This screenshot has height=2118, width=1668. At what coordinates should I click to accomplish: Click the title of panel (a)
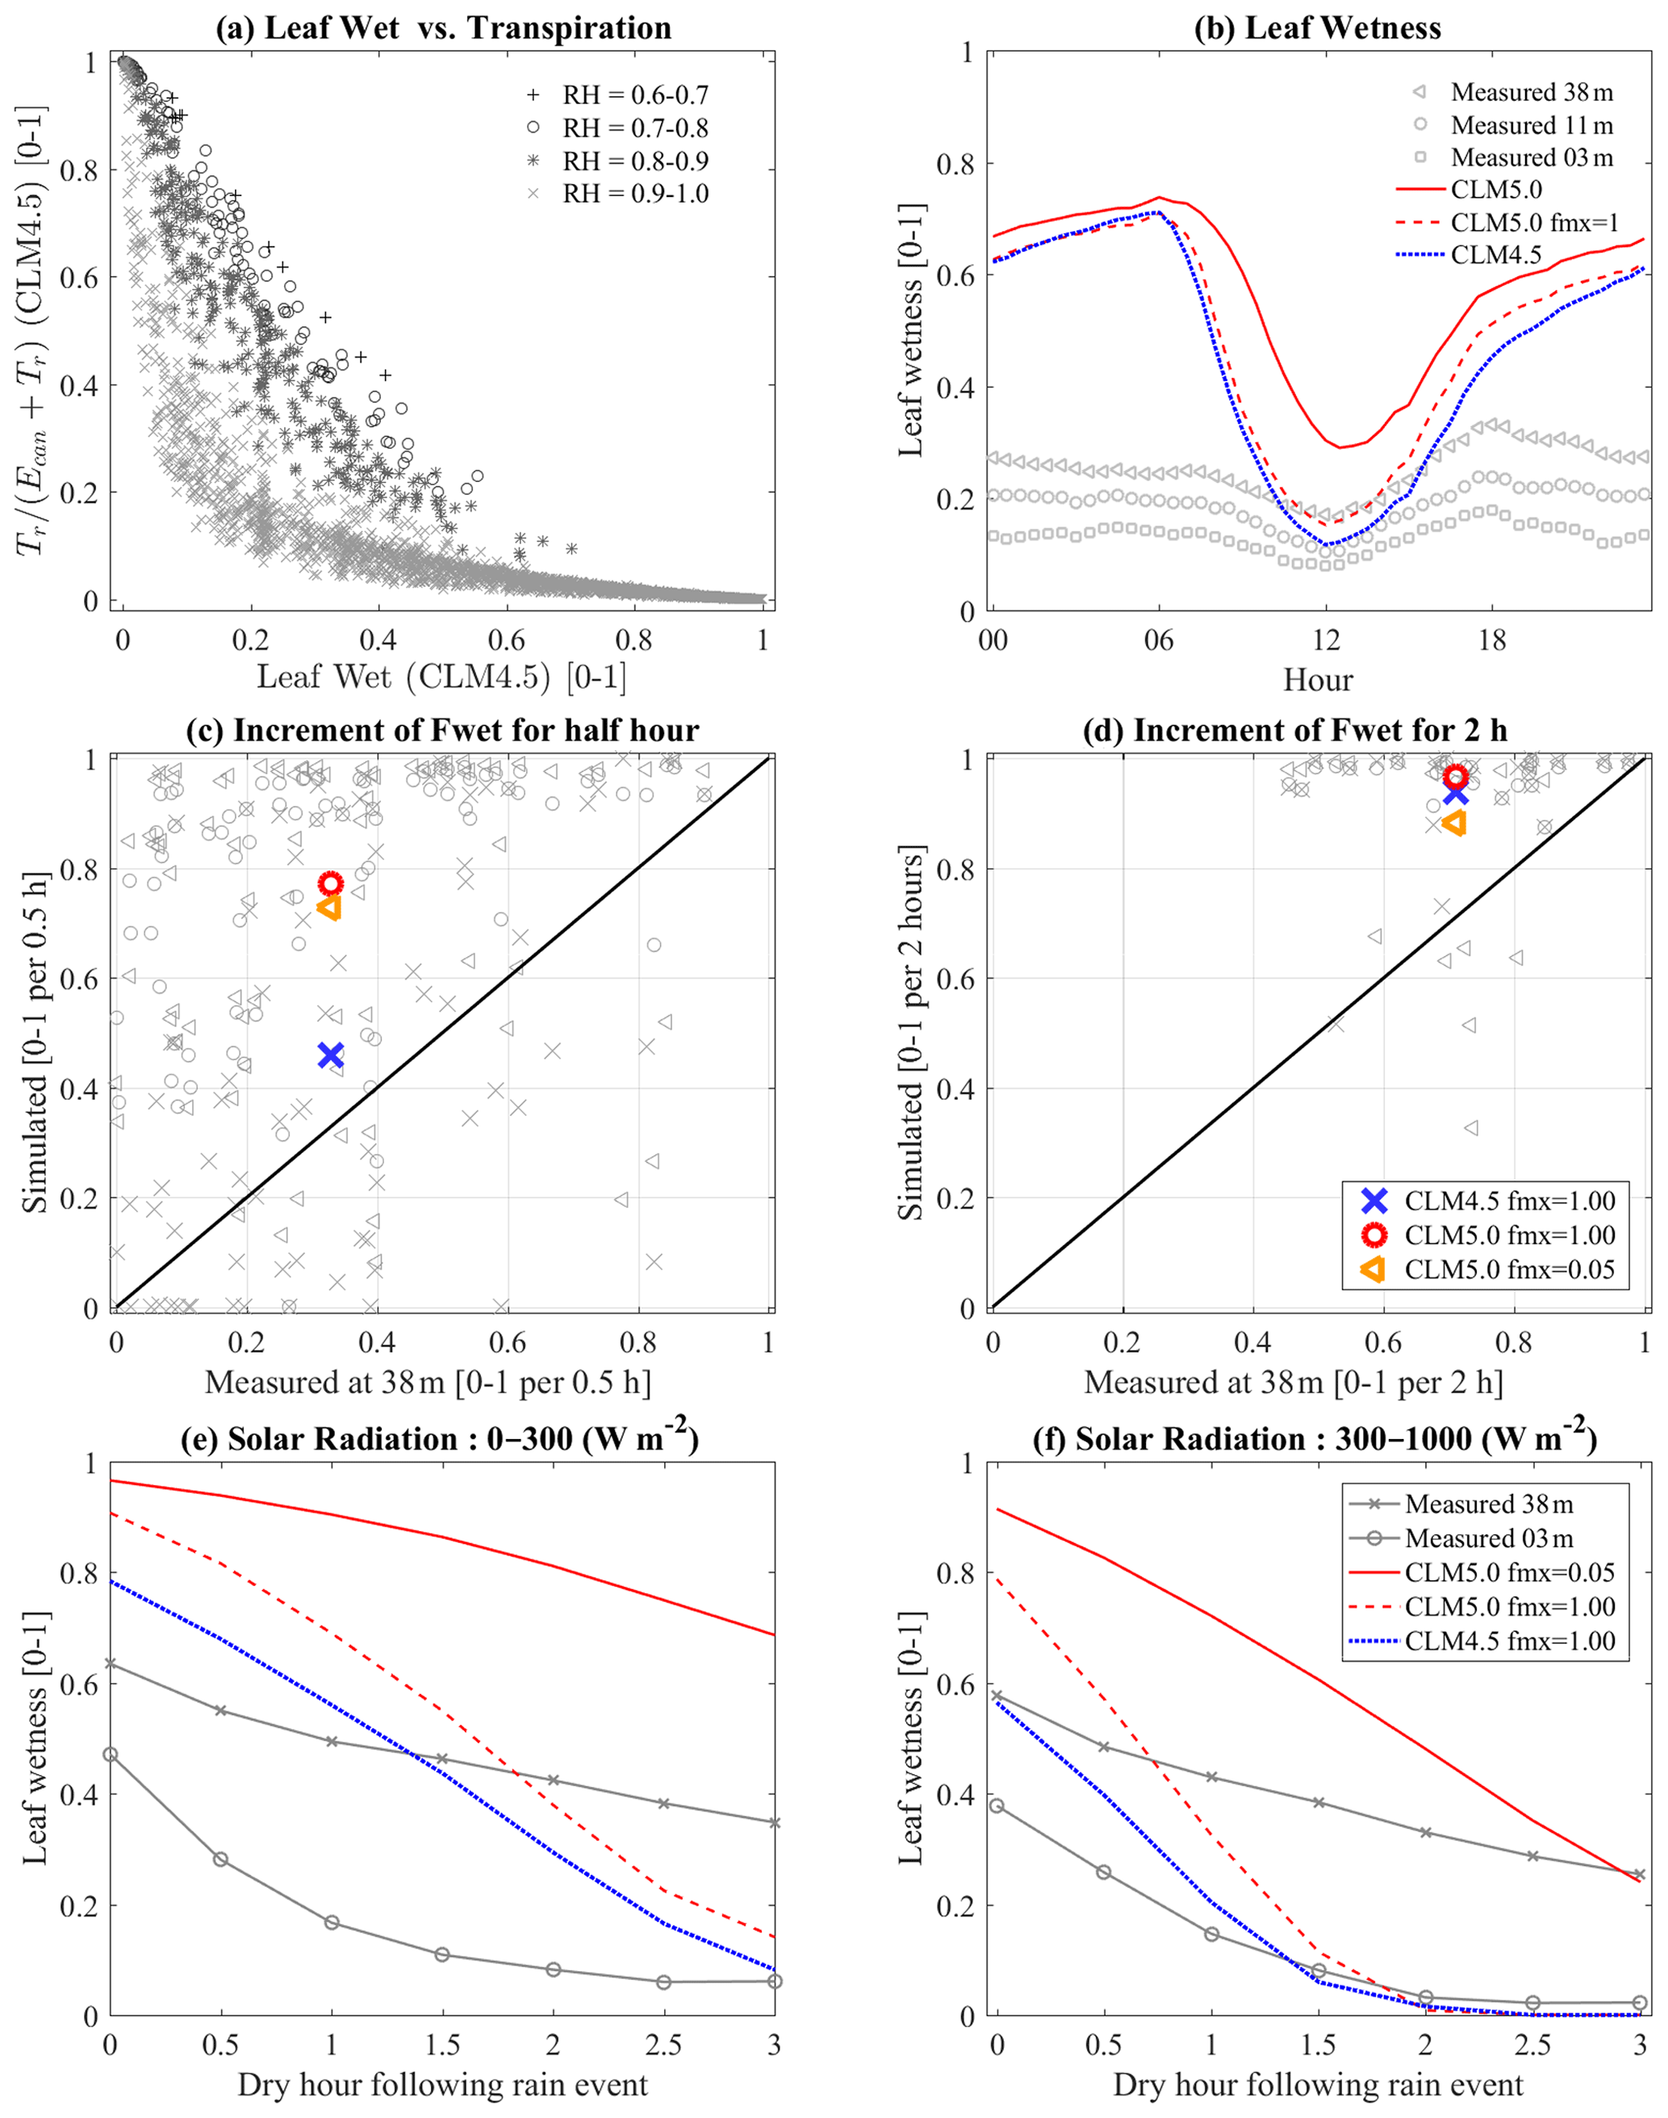pyautogui.click(x=443, y=27)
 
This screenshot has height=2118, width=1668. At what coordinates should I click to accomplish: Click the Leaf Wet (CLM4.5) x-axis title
pyautogui.click(x=441, y=677)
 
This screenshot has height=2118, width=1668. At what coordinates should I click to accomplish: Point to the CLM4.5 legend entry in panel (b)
pyautogui.click(x=1496, y=255)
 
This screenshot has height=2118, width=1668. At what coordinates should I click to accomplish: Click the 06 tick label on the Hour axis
pyautogui.click(x=1158, y=642)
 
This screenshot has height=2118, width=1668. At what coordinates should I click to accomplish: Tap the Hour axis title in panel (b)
pyautogui.click(x=1318, y=680)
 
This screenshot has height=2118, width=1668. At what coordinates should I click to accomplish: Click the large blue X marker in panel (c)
pyautogui.click(x=330, y=1055)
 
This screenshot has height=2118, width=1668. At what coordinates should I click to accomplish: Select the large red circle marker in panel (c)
pyautogui.click(x=331, y=883)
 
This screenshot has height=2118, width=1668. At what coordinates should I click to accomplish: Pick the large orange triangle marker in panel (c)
pyautogui.click(x=329, y=908)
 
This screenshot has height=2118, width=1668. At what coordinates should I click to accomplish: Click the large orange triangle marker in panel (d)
pyautogui.click(x=1454, y=824)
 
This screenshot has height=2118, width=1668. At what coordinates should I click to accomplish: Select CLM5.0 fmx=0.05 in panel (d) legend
pyautogui.click(x=1509, y=1269)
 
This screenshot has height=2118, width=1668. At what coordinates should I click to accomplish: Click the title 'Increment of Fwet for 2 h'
pyautogui.click(x=1295, y=731)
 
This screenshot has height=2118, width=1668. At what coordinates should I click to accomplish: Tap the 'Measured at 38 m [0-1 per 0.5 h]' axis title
pyautogui.click(x=428, y=1382)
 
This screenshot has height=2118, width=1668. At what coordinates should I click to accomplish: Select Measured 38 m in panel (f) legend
pyautogui.click(x=1488, y=1504)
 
